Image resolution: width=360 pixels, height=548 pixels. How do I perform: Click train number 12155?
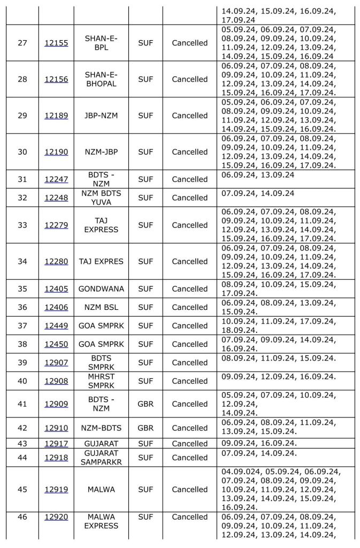point(56,43)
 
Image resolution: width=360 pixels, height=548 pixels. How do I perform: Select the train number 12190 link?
point(56,152)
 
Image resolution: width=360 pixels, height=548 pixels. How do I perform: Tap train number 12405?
point(56,289)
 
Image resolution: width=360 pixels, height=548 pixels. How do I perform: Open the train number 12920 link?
point(56,517)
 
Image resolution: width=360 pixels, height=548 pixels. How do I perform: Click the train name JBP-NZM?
point(101,116)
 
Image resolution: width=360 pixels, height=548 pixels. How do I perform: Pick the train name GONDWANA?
point(101,289)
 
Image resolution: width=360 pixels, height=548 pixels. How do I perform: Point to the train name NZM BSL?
point(101,307)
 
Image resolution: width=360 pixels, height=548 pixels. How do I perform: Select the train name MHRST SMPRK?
point(101,381)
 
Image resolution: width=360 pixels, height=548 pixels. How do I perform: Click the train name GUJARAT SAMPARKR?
point(101,458)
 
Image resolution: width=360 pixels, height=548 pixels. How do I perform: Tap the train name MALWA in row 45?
point(101,489)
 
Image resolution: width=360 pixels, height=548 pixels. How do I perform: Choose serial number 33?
point(22,225)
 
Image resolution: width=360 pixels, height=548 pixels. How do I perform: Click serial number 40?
point(22,381)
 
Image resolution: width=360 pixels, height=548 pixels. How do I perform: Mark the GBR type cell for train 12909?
point(145,404)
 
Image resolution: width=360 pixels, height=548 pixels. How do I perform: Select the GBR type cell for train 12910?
point(145,428)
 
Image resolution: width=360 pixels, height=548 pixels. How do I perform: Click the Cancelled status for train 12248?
point(189,197)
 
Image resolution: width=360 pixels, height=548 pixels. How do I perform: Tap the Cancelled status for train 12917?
point(189,444)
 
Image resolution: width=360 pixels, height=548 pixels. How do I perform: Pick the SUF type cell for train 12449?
point(145,326)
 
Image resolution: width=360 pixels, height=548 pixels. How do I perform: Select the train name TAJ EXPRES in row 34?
point(101,262)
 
